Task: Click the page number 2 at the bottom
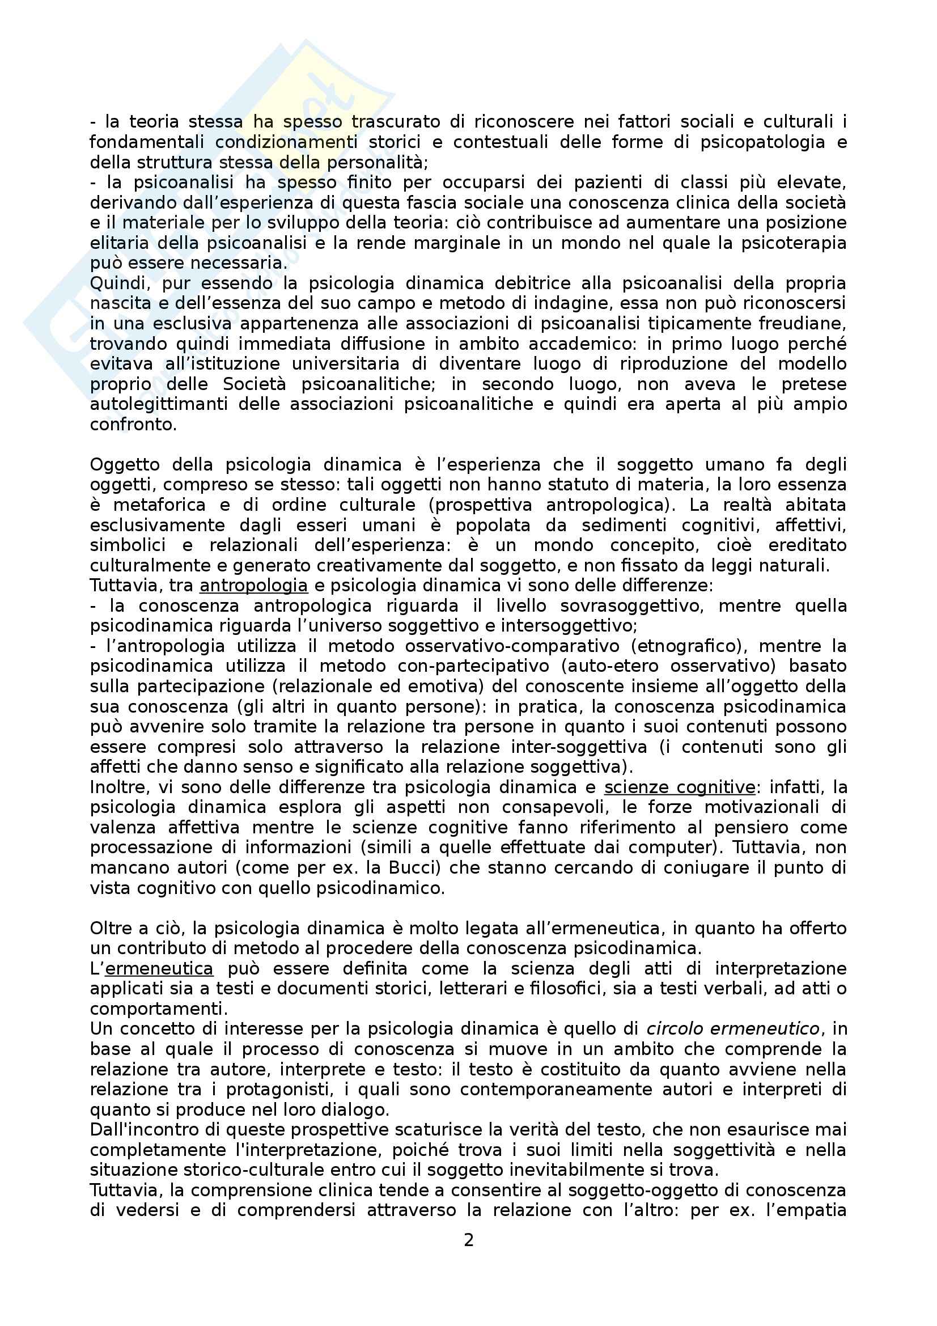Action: (x=468, y=1240)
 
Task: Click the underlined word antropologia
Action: (x=253, y=586)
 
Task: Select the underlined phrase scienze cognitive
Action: (x=680, y=787)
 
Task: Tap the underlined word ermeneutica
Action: (x=159, y=968)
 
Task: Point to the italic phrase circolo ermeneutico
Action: (x=732, y=1028)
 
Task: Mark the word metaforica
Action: (x=159, y=505)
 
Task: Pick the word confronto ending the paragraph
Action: (x=133, y=425)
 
